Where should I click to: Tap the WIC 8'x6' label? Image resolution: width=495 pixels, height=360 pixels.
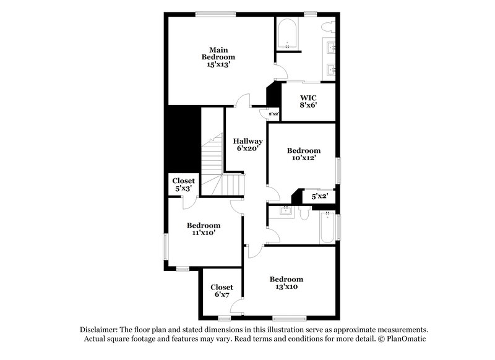308,101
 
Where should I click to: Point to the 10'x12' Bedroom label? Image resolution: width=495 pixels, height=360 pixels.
303,154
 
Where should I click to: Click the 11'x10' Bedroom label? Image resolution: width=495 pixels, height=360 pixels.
204,229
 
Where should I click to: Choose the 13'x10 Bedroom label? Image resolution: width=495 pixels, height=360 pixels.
286,283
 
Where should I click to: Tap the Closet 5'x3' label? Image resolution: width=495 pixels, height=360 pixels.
183,184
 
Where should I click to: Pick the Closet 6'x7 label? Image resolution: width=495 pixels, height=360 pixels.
222,291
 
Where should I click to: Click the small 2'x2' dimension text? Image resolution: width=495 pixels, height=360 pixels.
273,114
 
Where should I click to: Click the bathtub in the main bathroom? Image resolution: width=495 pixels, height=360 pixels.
288,35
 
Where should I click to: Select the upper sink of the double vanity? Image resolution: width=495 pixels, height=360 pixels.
330,46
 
